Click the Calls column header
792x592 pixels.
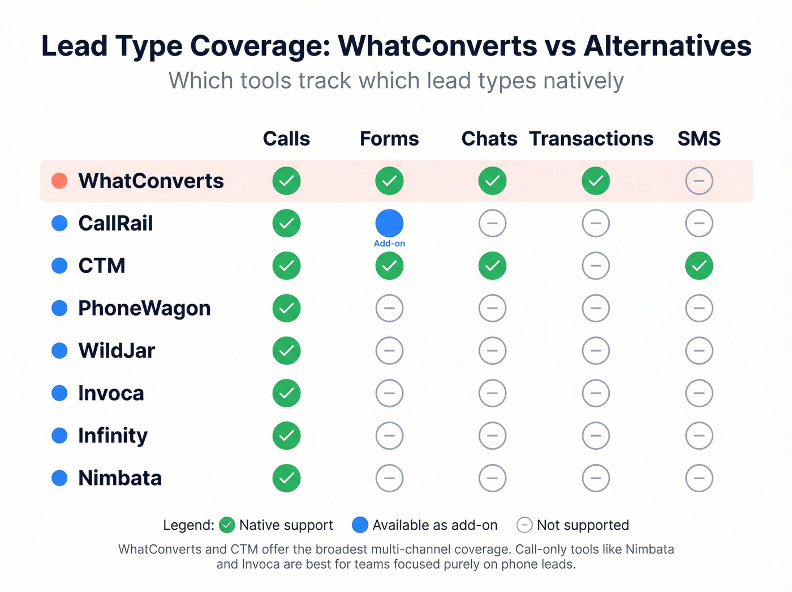286,139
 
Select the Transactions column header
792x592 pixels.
591,139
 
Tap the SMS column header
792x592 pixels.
699,139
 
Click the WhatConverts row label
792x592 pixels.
151,181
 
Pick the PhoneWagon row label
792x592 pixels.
144,308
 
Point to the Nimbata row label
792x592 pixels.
120,478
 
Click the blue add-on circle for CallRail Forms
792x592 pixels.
389,223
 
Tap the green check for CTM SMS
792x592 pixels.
699,266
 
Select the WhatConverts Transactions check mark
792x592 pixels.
596,181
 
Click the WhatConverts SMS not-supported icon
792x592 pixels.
699,181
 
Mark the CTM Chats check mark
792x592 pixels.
492,266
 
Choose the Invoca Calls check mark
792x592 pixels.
286,393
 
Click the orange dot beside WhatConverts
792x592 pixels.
59,181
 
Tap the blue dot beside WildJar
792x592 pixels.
59,351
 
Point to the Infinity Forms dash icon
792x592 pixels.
389,436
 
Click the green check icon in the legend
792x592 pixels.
227,525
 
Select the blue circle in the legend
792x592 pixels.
360,525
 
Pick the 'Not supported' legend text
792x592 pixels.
583,525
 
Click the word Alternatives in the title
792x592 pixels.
668,46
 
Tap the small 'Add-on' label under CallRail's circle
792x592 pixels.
389,244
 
